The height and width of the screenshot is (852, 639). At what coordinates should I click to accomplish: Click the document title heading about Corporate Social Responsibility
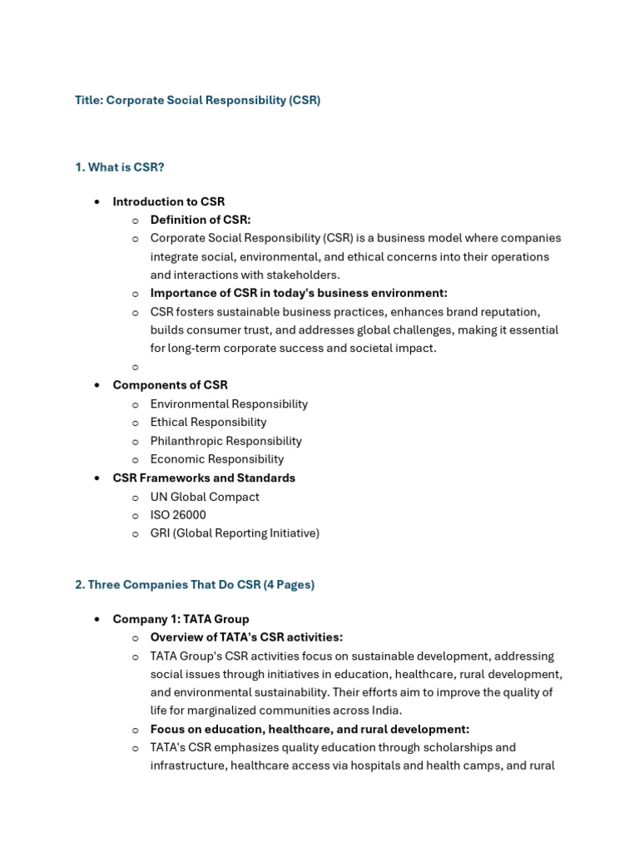(x=197, y=100)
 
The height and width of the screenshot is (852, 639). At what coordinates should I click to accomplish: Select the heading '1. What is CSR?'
(x=120, y=167)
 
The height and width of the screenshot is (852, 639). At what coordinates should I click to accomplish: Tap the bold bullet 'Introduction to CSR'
(x=168, y=201)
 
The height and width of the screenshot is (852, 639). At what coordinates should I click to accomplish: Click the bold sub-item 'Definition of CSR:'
(x=200, y=220)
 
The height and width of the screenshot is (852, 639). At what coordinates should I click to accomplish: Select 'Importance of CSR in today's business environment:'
(x=298, y=293)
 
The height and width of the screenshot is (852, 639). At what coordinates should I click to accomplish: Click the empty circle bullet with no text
(x=135, y=367)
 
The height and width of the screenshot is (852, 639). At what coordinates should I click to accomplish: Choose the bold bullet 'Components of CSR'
(x=170, y=385)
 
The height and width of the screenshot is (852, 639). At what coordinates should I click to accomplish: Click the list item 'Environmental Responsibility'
(x=229, y=404)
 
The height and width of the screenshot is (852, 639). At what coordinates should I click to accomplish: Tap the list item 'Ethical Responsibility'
(x=208, y=422)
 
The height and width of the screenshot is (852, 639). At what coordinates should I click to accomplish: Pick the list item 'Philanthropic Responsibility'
(x=225, y=441)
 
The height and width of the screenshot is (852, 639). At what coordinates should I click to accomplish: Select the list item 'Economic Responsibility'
(x=216, y=459)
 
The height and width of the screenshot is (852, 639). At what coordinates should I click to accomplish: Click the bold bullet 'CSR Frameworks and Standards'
(x=204, y=478)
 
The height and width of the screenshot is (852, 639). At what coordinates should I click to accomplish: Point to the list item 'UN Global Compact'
(x=205, y=497)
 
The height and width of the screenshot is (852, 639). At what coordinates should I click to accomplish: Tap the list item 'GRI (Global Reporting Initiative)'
(x=235, y=533)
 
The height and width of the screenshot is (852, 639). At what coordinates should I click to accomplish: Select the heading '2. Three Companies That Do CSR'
(x=195, y=585)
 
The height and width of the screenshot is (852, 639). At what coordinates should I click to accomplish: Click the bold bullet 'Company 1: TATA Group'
(x=181, y=619)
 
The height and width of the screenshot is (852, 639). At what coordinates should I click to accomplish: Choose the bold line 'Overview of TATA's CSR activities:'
(x=246, y=637)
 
